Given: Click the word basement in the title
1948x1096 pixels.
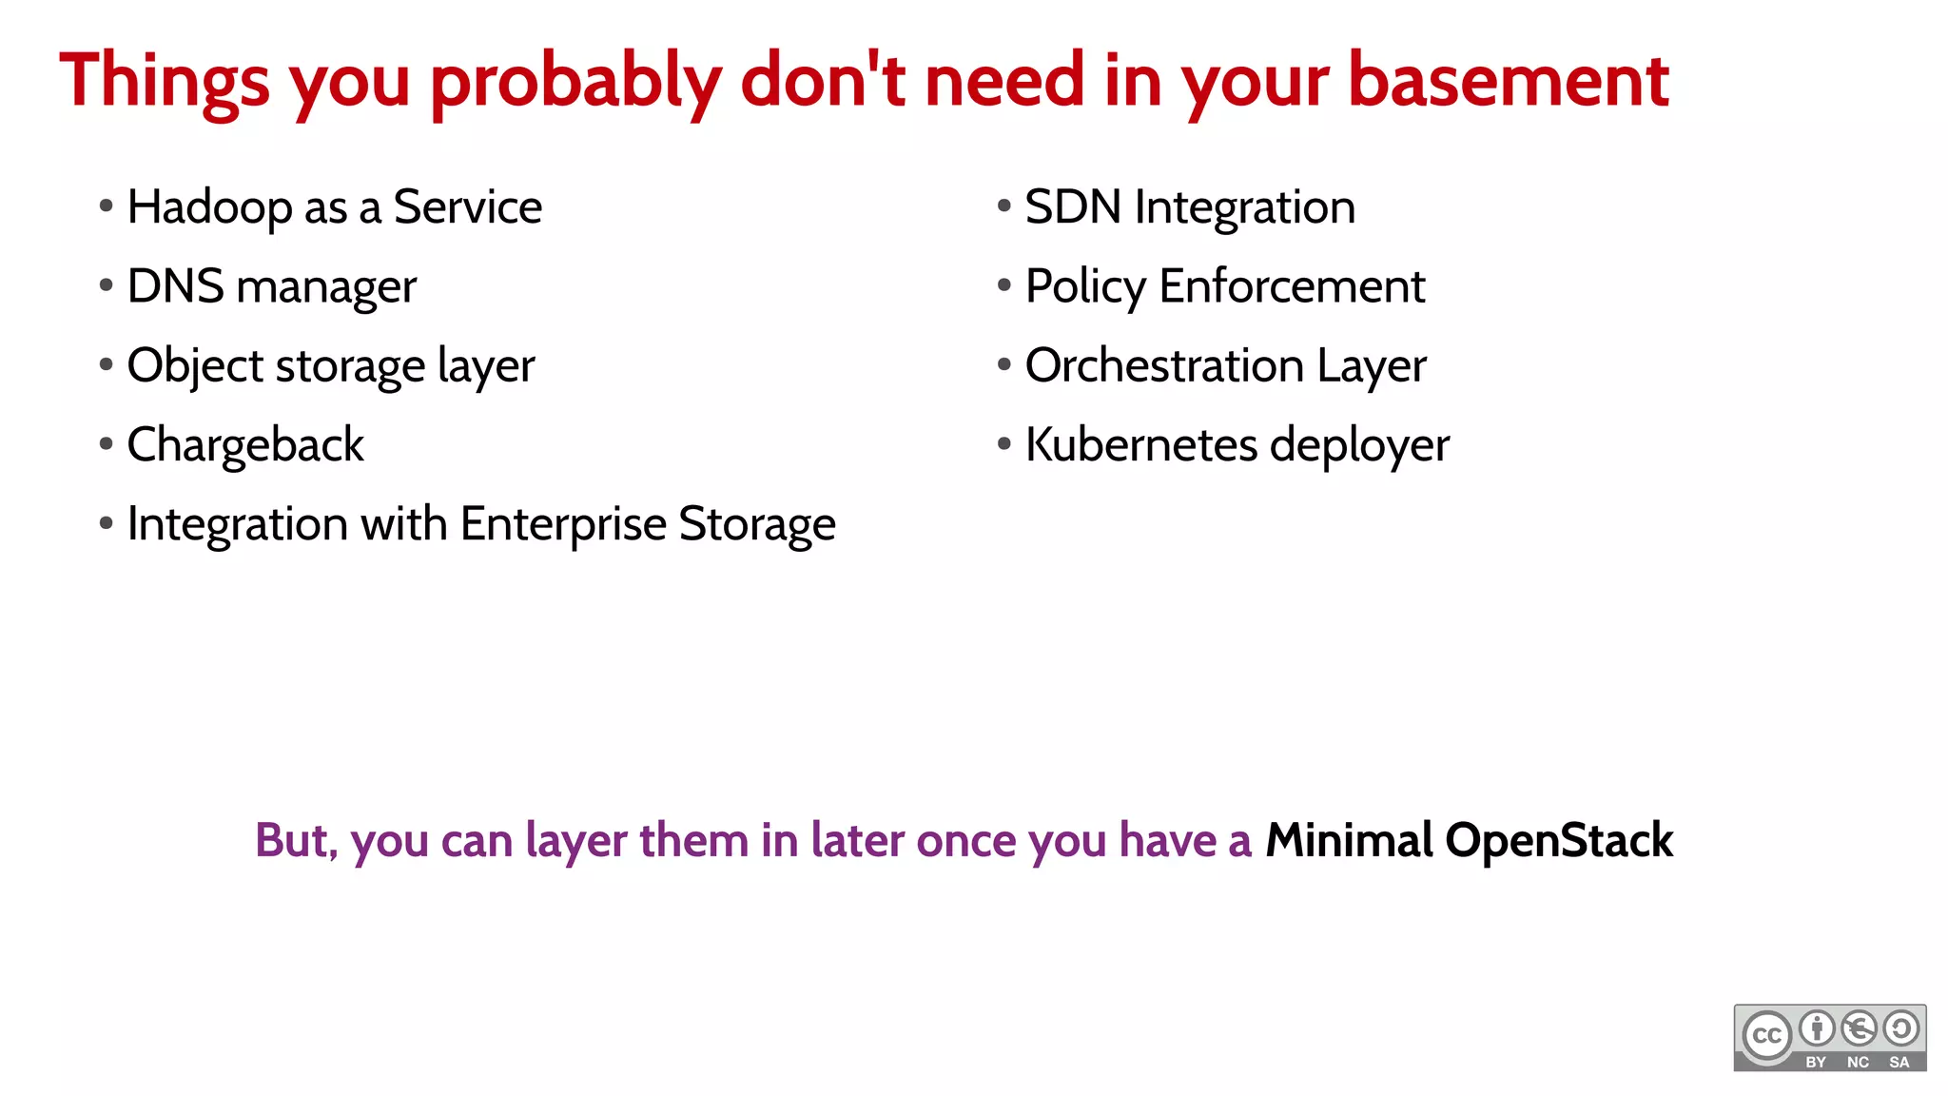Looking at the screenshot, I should coord(1508,80).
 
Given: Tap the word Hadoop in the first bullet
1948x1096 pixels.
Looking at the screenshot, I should coord(209,207).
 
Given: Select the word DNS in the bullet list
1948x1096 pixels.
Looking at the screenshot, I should coord(175,286).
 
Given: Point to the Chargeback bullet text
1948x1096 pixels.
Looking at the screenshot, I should coord(244,445).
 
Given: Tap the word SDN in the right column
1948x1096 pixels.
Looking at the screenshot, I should coord(1072,207).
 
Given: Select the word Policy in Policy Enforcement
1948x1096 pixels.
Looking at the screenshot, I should coord(1085,287).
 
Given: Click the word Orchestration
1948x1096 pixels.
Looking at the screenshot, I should coord(1163,366).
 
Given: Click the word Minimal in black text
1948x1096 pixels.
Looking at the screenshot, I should coord(1348,841).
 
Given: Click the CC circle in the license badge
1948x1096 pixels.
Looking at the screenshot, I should coord(1766,1035).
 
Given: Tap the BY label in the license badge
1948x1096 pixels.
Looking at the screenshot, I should coord(1816,1062).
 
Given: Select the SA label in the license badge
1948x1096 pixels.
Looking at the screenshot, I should coord(1899,1062).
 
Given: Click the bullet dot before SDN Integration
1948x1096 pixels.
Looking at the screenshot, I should coord(1003,205).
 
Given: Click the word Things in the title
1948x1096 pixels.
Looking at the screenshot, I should coord(164,82).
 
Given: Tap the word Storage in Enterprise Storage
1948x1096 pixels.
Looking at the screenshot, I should coord(757,525).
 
